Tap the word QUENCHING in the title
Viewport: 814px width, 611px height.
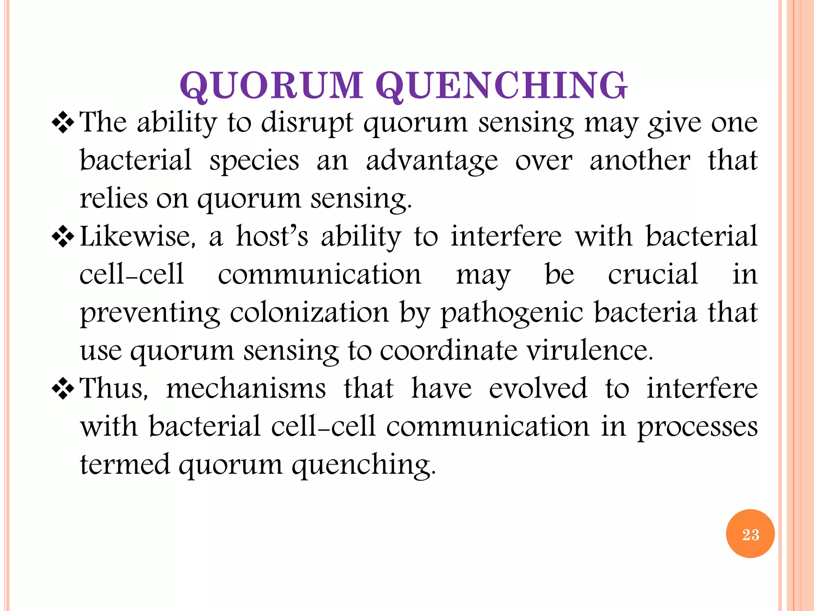501,86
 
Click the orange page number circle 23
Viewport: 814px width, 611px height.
750,534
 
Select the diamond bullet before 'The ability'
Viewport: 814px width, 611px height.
63,123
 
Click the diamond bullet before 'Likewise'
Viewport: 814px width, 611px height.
63,237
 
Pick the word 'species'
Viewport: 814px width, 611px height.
254,161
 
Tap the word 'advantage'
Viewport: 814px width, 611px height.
432,162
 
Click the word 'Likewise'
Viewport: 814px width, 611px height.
137,237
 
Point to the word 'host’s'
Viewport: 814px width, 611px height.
272,237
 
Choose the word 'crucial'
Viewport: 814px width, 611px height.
653,274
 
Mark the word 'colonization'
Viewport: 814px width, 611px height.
309,313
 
